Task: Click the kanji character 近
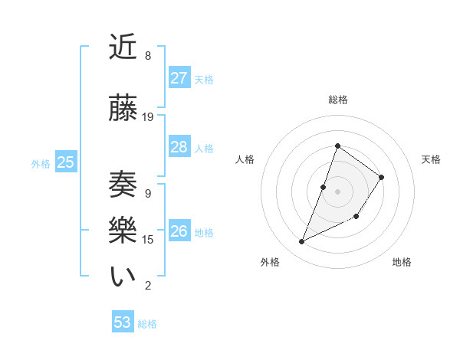pyautogui.click(x=124, y=47)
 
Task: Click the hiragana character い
pyautogui.click(x=124, y=277)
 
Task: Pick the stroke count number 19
pyautogui.click(x=148, y=117)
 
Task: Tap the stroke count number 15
pyautogui.click(x=148, y=240)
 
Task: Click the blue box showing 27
pyautogui.click(x=179, y=78)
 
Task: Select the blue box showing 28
pyautogui.click(x=179, y=147)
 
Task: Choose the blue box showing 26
pyautogui.click(x=179, y=231)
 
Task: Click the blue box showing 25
pyautogui.click(x=66, y=162)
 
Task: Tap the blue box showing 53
pyautogui.click(x=123, y=322)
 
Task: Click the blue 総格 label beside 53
pyautogui.click(x=147, y=324)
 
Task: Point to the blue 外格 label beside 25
pyautogui.click(x=41, y=163)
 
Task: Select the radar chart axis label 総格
pyautogui.click(x=338, y=100)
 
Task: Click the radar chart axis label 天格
pyautogui.click(x=431, y=159)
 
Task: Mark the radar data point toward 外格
pyautogui.click(x=302, y=242)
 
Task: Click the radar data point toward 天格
pyautogui.click(x=382, y=177)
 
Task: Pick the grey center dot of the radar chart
pyautogui.click(x=338, y=191)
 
